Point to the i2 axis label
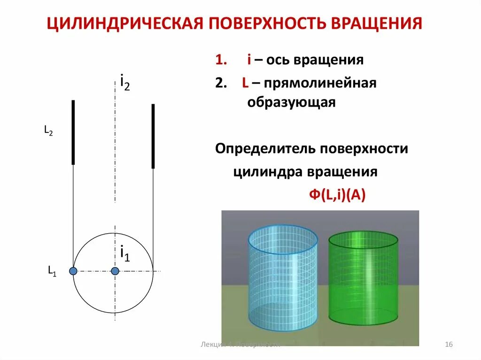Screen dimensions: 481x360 (x=125, y=83)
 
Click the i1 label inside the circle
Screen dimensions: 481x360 (x=125, y=253)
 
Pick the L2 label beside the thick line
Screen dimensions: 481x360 (x=48, y=131)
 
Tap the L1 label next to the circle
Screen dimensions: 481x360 (x=52, y=270)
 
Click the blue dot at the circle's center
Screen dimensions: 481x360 (x=115, y=271)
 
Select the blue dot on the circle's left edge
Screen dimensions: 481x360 (x=73, y=271)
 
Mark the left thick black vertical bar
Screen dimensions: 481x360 (x=73, y=132)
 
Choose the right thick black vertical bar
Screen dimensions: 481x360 (x=153, y=136)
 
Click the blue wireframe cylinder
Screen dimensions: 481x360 (x=282, y=277)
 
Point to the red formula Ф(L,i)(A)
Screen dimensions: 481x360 (x=337, y=195)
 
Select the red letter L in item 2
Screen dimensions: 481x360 (x=245, y=84)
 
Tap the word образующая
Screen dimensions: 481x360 (x=291, y=103)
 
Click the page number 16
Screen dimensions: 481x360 (x=448, y=345)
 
